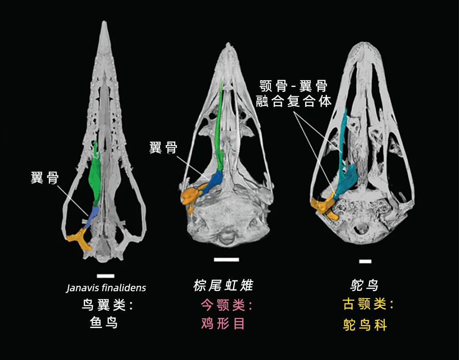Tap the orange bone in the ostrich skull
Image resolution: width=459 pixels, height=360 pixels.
[x=324, y=208]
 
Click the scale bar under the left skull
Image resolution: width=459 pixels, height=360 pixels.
[x=106, y=276]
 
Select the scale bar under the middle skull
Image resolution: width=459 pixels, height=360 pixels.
[x=226, y=260]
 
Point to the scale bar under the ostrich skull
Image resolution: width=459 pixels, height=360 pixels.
[x=365, y=261]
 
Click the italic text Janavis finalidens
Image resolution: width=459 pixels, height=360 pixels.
[x=106, y=288]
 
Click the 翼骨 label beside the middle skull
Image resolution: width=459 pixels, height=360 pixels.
[x=163, y=147]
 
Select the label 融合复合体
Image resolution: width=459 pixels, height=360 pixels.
[x=294, y=101]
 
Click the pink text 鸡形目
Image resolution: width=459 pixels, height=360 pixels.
[x=223, y=324]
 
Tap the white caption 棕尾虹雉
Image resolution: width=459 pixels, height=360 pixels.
[x=223, y=286]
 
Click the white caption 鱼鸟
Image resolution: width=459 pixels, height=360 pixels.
[x=104, y=323]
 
